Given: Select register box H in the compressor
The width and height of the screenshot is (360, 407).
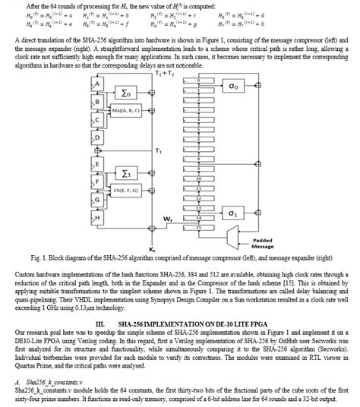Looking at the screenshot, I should click(x=96, y=219).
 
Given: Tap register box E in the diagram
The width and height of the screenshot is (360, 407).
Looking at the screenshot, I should click(x=96, y=164).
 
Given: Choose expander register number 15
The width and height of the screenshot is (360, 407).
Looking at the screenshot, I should click(x=198, y=226).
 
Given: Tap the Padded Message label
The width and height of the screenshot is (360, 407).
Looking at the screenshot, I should click(x=263, y=245).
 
